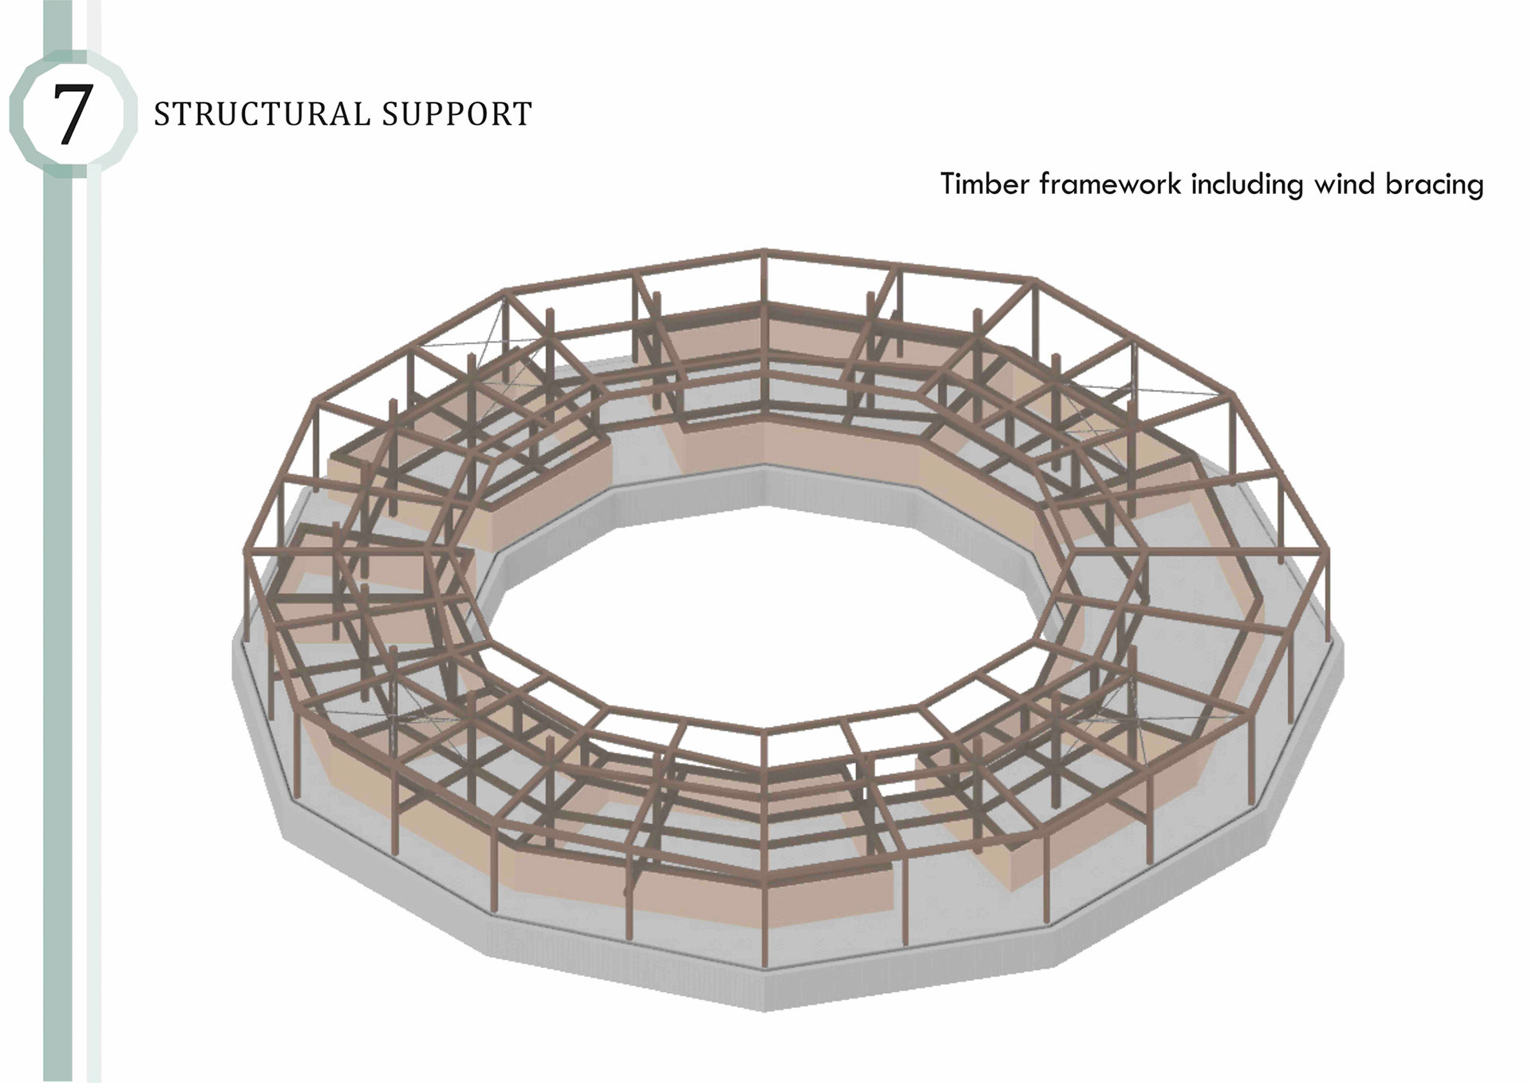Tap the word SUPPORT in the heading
tap(456, 114)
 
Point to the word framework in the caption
tap(1110, 184)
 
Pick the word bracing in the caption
tap(1434, 185)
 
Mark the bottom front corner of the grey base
tap(764, 1007)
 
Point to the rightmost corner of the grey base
tap(1342, 654)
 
